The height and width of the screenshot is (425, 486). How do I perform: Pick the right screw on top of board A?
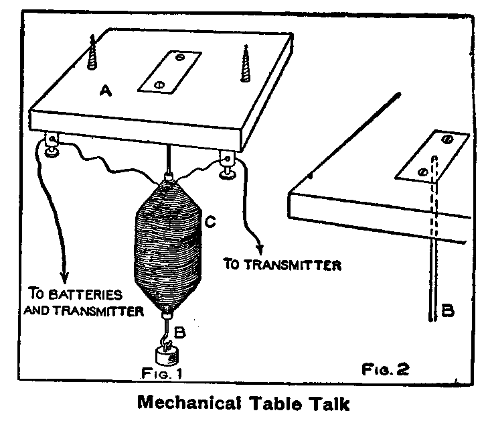tap(245, 64)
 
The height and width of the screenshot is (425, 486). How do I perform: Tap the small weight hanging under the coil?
tap(168, 355)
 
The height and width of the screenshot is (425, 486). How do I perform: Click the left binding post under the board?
tap(51, 146)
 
